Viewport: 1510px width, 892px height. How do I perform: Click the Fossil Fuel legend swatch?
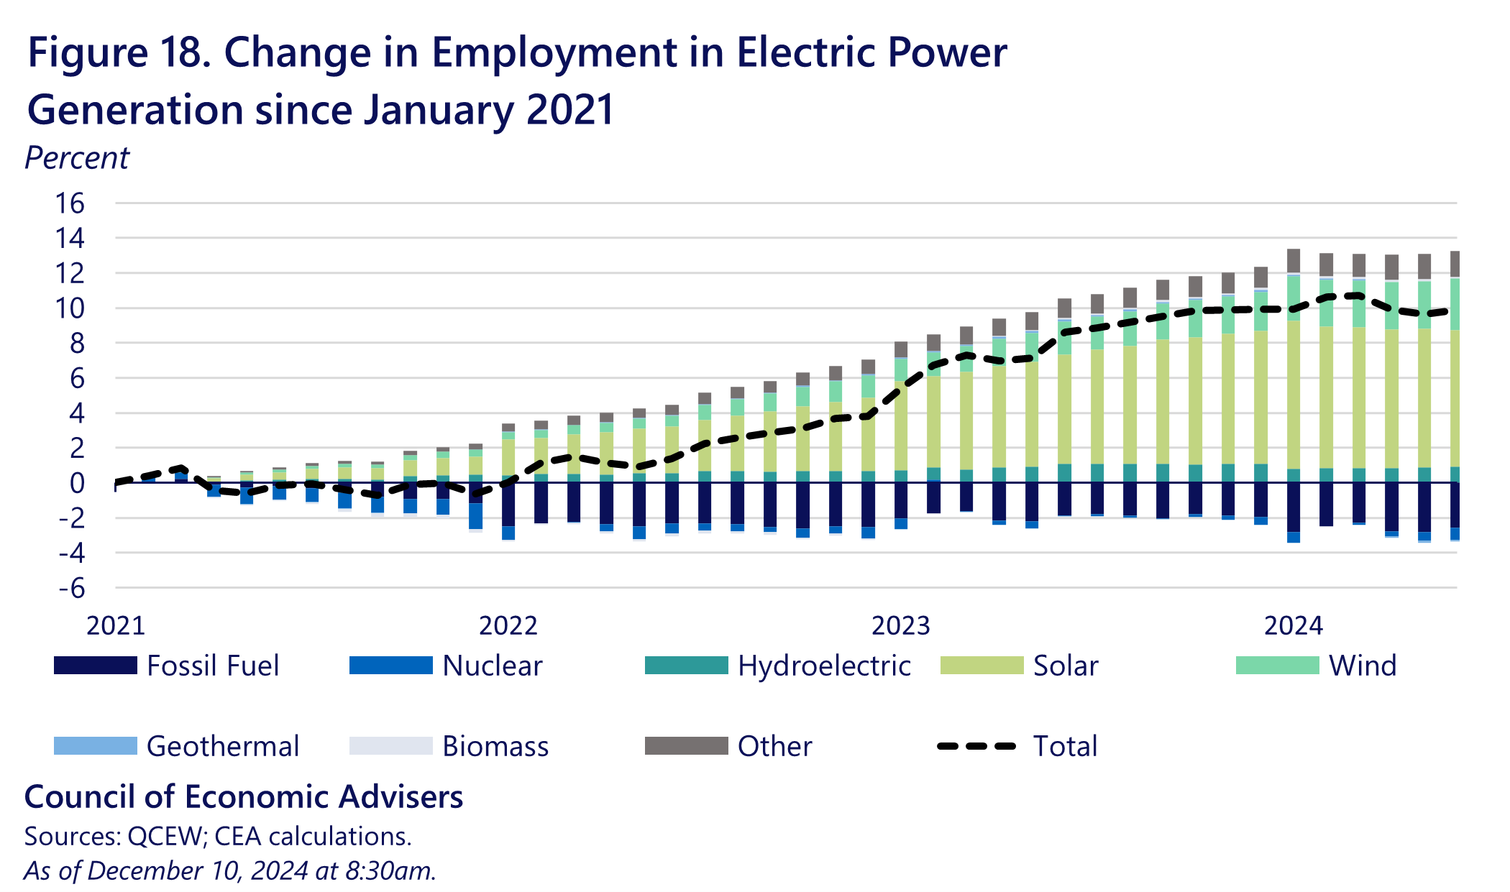95,666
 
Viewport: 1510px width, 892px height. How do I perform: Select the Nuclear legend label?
492,666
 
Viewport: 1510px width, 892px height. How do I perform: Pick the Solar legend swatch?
981,666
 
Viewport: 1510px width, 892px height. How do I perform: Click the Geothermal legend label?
222,746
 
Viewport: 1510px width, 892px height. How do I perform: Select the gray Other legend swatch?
686,746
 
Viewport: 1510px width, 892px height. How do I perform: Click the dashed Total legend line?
976,746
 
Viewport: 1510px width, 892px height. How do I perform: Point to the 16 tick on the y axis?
70,203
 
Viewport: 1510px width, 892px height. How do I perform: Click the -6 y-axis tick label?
71,589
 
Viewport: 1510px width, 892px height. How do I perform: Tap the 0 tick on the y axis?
77,483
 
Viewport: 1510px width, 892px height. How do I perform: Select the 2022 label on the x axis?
508,626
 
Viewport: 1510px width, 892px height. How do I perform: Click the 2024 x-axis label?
1293,626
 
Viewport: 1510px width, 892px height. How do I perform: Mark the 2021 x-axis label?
116,626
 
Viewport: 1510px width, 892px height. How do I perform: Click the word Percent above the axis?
77,158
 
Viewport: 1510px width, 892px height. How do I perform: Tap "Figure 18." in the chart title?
119,52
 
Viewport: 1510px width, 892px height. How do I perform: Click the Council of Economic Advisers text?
244,796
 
